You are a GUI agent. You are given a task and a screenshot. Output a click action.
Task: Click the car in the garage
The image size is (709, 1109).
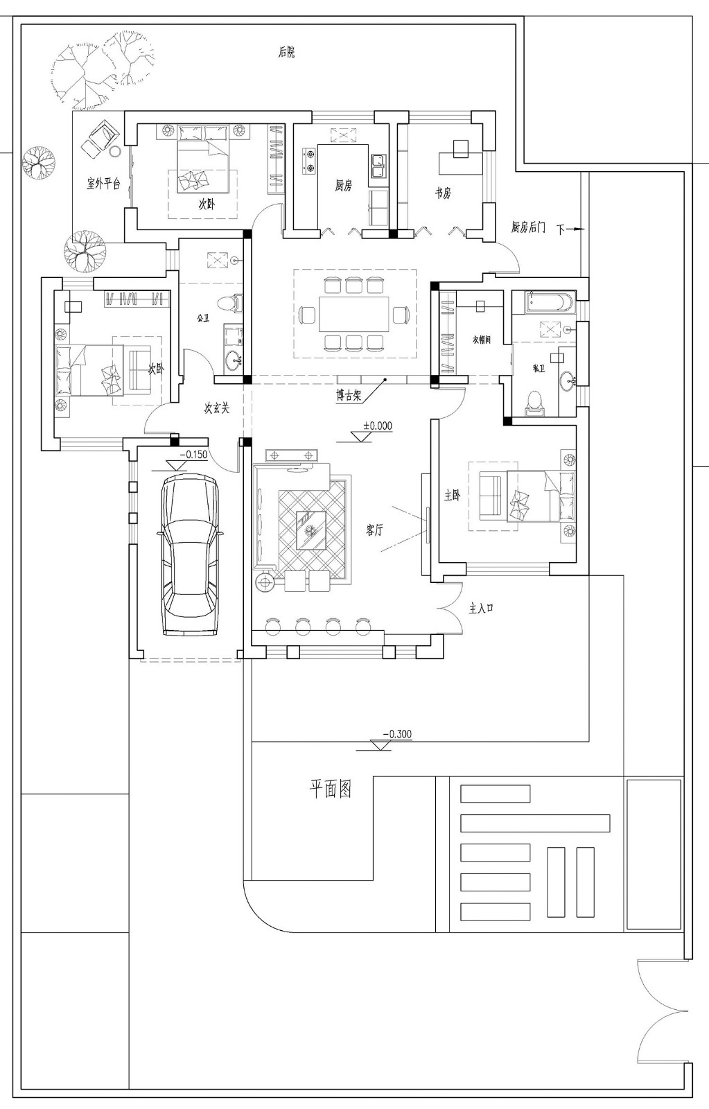click(x=189, y=554)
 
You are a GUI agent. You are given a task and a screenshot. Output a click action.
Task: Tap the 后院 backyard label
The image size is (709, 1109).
click(x=286, y=52)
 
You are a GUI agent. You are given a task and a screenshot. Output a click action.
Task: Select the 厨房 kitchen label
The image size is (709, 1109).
click(x=344, y=185)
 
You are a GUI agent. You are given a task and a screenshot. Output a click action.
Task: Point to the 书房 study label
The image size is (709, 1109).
click(x=443, y=193)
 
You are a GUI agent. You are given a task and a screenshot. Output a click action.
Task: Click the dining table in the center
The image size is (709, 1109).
click(x=354, y=314)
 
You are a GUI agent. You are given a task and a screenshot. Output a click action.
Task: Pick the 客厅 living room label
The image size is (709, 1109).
click(x=374, y=530)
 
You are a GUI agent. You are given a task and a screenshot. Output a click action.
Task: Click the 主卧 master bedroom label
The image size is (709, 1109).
click(x=452, y=496)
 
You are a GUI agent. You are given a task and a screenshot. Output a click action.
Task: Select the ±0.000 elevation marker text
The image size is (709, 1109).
click(x=378, y=426)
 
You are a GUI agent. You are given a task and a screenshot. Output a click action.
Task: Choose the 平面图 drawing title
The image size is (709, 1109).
click(x=330, y=789)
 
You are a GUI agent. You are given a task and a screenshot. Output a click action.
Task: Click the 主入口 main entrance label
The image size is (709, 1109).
click(x=481, y=609)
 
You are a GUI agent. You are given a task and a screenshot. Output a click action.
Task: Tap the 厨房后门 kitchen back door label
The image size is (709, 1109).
click(x=528, y=227)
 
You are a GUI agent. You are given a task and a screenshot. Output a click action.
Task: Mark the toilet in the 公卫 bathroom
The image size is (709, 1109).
click(x=227, y=303)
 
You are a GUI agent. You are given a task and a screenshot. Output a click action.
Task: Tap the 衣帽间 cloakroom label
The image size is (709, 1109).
click(x=482, y=340)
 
